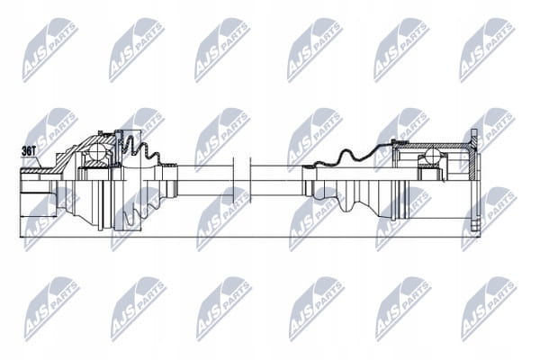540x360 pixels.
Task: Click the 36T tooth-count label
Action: click(x=29, y=150)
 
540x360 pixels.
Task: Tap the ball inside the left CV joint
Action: click(x=97, y=151)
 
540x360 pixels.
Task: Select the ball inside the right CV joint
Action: click(x=432, y=156)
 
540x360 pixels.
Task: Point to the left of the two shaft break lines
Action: click(x=234, y=180)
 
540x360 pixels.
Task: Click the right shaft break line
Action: click(x=250, y=180)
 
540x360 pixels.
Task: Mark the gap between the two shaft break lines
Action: click(x=242, y=180)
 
